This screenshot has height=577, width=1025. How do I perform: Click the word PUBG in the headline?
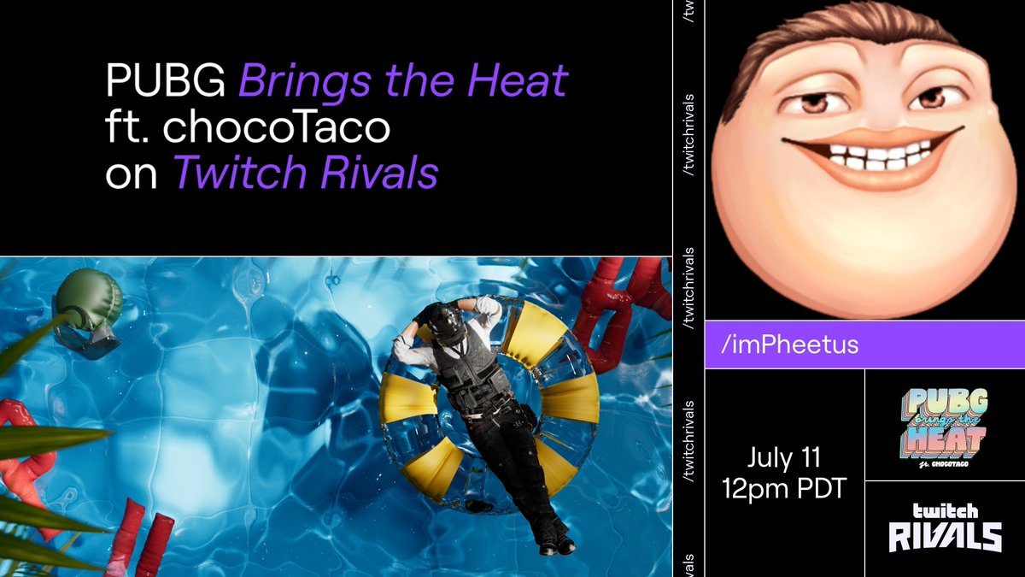tap(165, 81)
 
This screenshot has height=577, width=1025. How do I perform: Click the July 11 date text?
tap(783, 458)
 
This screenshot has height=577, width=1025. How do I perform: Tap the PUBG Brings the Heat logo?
tap(946, 424)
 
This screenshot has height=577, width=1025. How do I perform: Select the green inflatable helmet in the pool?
tap(89, 308)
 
